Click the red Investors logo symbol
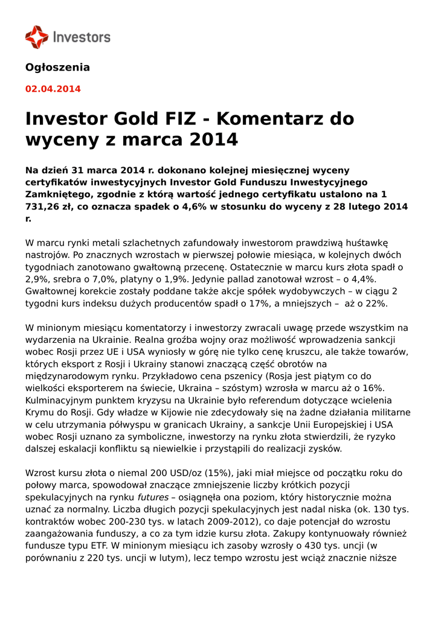[36, 37]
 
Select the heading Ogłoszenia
[57, 67]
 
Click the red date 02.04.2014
[53, 89]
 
